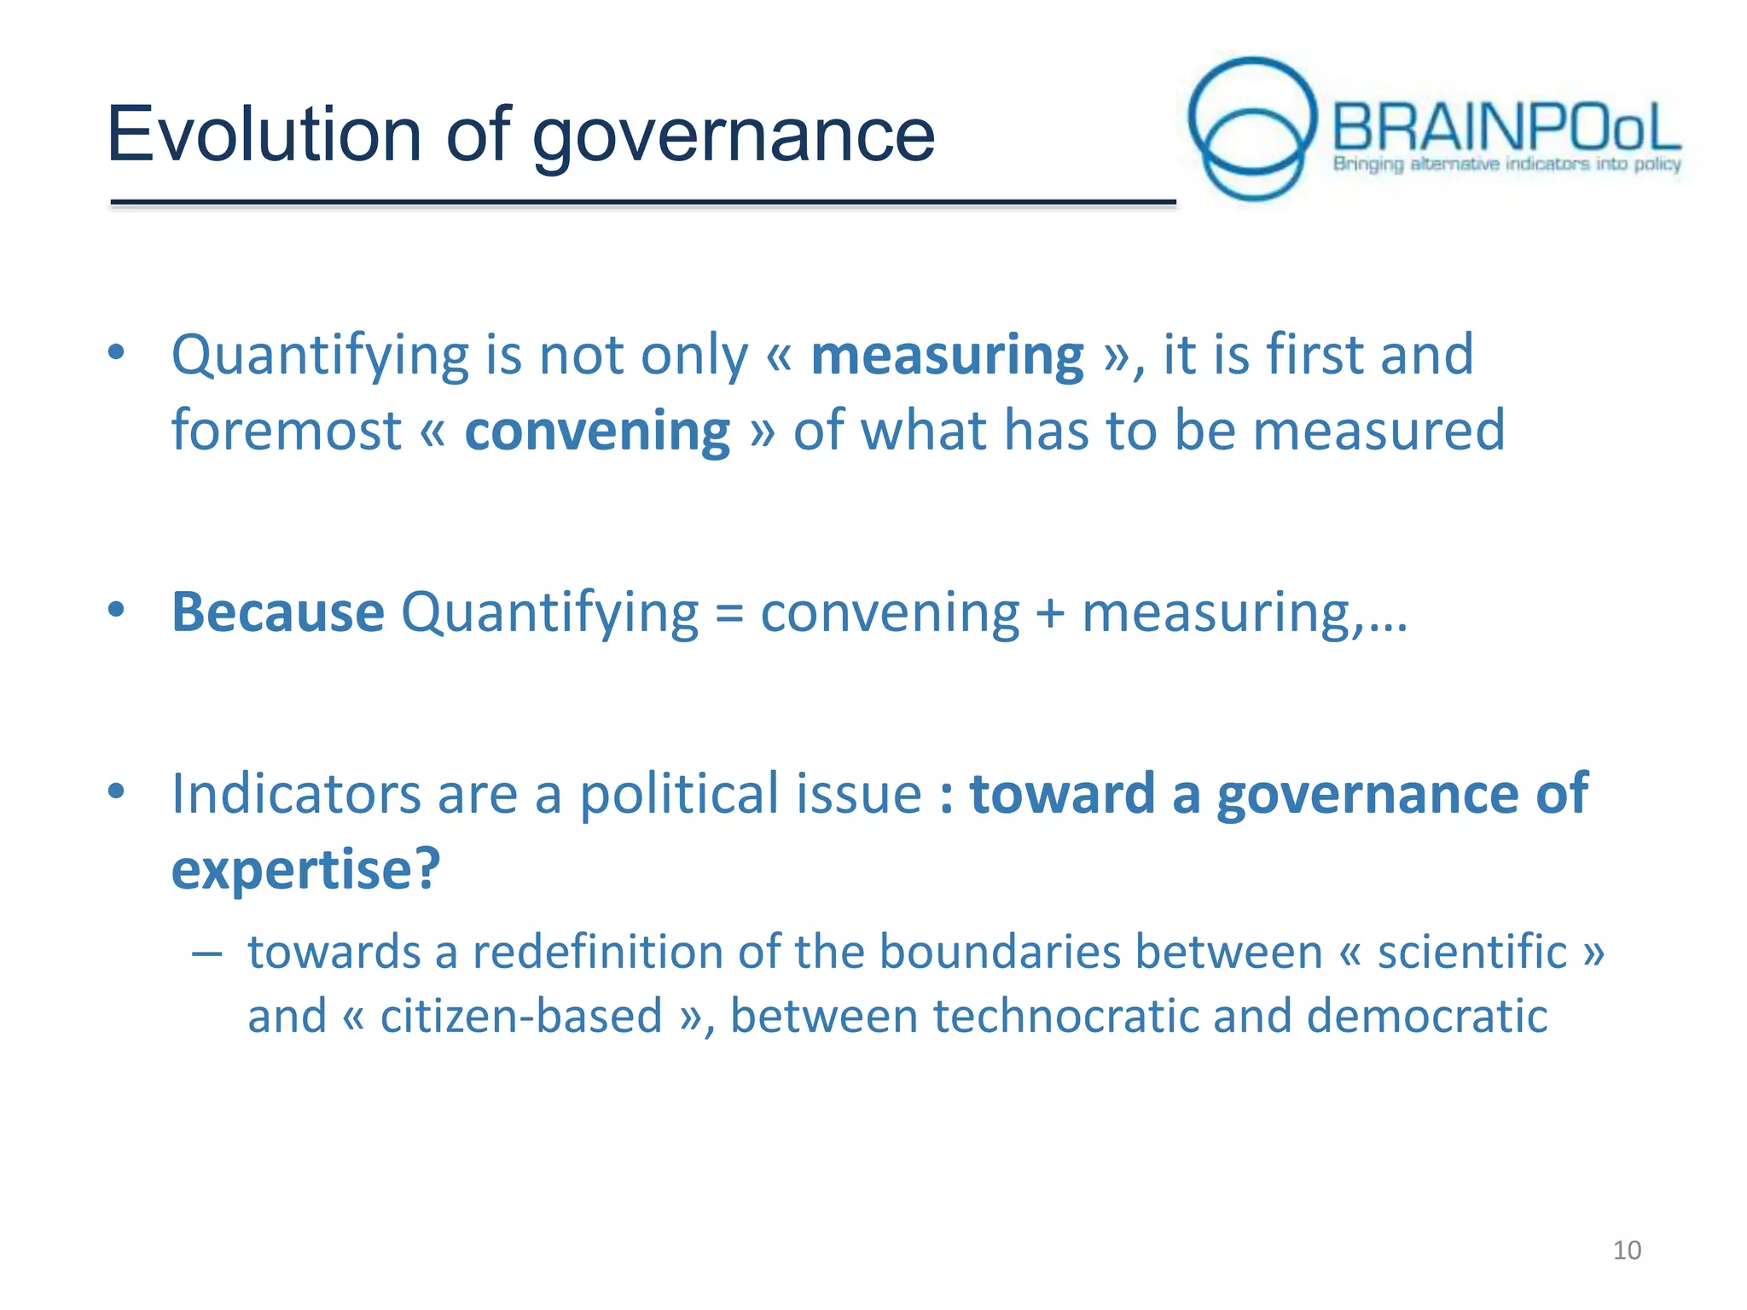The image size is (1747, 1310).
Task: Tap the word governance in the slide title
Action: [734, 136]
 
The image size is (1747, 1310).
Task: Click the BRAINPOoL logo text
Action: [1506, 128]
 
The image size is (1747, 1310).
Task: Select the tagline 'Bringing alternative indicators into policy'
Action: [1506, 164]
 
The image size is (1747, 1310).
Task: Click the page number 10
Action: [1627, 1250]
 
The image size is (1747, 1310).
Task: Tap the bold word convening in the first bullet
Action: [597, 430]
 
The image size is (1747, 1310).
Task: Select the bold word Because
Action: [278, 612]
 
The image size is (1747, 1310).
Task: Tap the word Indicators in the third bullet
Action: [296, 793]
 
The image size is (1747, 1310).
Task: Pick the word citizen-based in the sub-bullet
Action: [521, 1016]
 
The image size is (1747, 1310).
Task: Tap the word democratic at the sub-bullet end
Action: [1426, 1016]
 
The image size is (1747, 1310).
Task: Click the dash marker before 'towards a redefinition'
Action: [207, 953]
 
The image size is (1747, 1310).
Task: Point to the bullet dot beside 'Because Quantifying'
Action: [117, 609]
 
